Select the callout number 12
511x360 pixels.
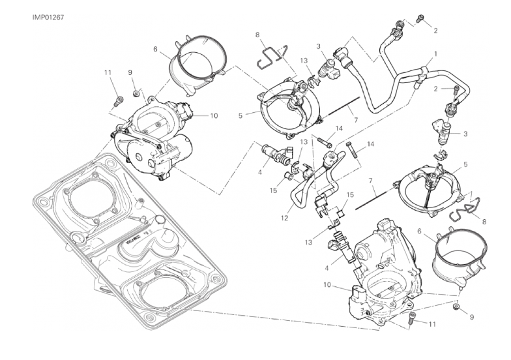[285, 218]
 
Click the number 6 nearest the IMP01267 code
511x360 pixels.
[156, 49]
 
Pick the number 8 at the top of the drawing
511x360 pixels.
[257, 34]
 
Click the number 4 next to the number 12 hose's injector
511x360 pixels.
[261, 173]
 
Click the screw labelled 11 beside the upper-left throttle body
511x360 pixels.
[119, 100]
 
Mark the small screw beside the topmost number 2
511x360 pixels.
[420, 20]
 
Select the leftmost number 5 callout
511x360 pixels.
[241, 115]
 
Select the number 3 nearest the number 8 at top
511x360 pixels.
[318, 46]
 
